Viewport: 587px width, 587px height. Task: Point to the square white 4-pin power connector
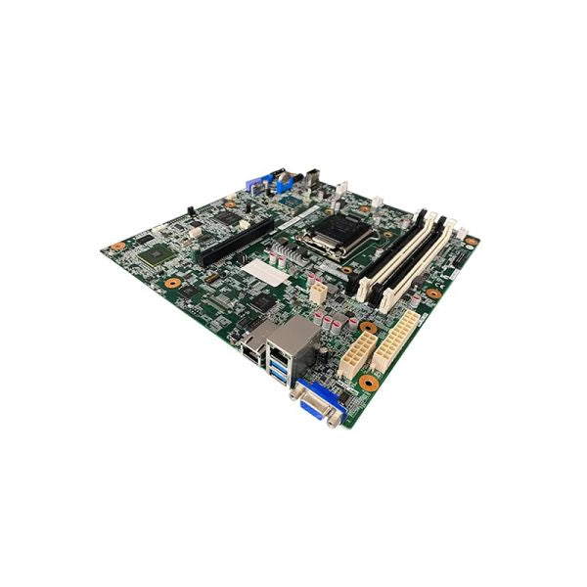(x=318, y=291)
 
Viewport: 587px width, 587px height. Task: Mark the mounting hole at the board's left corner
(x=117, y=247)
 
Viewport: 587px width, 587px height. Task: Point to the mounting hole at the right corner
(x=471, y=241)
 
